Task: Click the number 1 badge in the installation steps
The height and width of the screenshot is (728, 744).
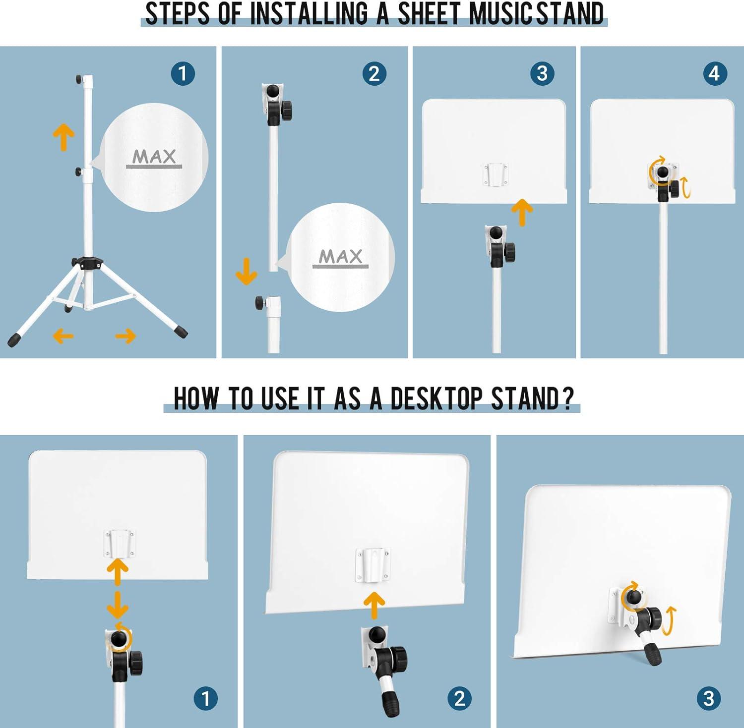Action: point(183,74)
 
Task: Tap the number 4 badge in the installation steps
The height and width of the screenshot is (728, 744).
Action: point(714,74)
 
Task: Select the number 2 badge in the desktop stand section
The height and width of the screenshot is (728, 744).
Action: point(459,698)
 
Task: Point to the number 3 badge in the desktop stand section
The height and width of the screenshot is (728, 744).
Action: point(709,698)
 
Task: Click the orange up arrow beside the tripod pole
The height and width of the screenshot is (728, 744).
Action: point(64,137)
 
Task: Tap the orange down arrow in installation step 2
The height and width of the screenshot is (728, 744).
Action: point(246,271)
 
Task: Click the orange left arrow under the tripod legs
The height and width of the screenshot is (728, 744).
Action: point(63,336)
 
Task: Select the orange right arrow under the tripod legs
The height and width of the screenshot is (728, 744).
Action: point(125,336)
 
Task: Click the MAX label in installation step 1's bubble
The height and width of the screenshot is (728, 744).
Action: point(154,157)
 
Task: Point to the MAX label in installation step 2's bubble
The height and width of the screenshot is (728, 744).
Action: point(341,257)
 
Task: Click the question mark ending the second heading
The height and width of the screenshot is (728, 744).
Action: point(568,398)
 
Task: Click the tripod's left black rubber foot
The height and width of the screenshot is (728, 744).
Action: point(14,339)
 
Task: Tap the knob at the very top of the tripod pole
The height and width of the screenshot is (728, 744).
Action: point(79,79)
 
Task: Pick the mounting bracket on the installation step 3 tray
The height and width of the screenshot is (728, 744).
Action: point(496,175)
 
